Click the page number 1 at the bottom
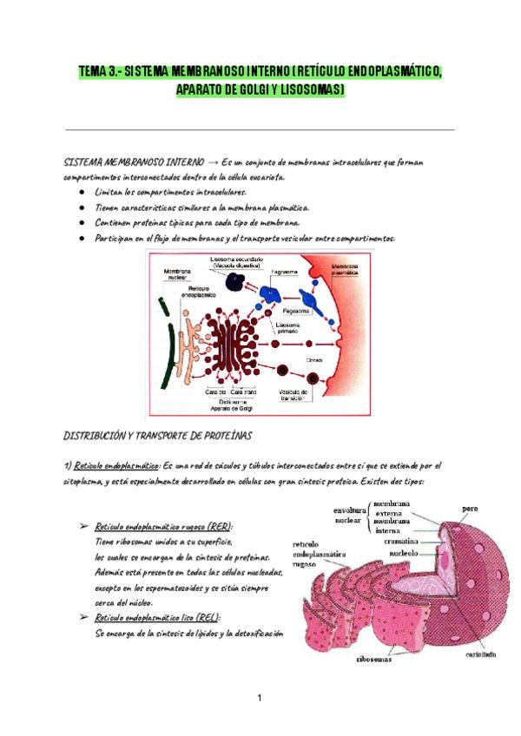[260, 697]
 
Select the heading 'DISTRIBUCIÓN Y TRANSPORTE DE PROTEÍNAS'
[157, 434]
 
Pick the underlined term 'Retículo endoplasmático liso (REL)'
[156, 617]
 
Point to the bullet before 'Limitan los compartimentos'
[81, 193]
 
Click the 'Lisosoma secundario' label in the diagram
[234, 262]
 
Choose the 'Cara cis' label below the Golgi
[215, 392]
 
